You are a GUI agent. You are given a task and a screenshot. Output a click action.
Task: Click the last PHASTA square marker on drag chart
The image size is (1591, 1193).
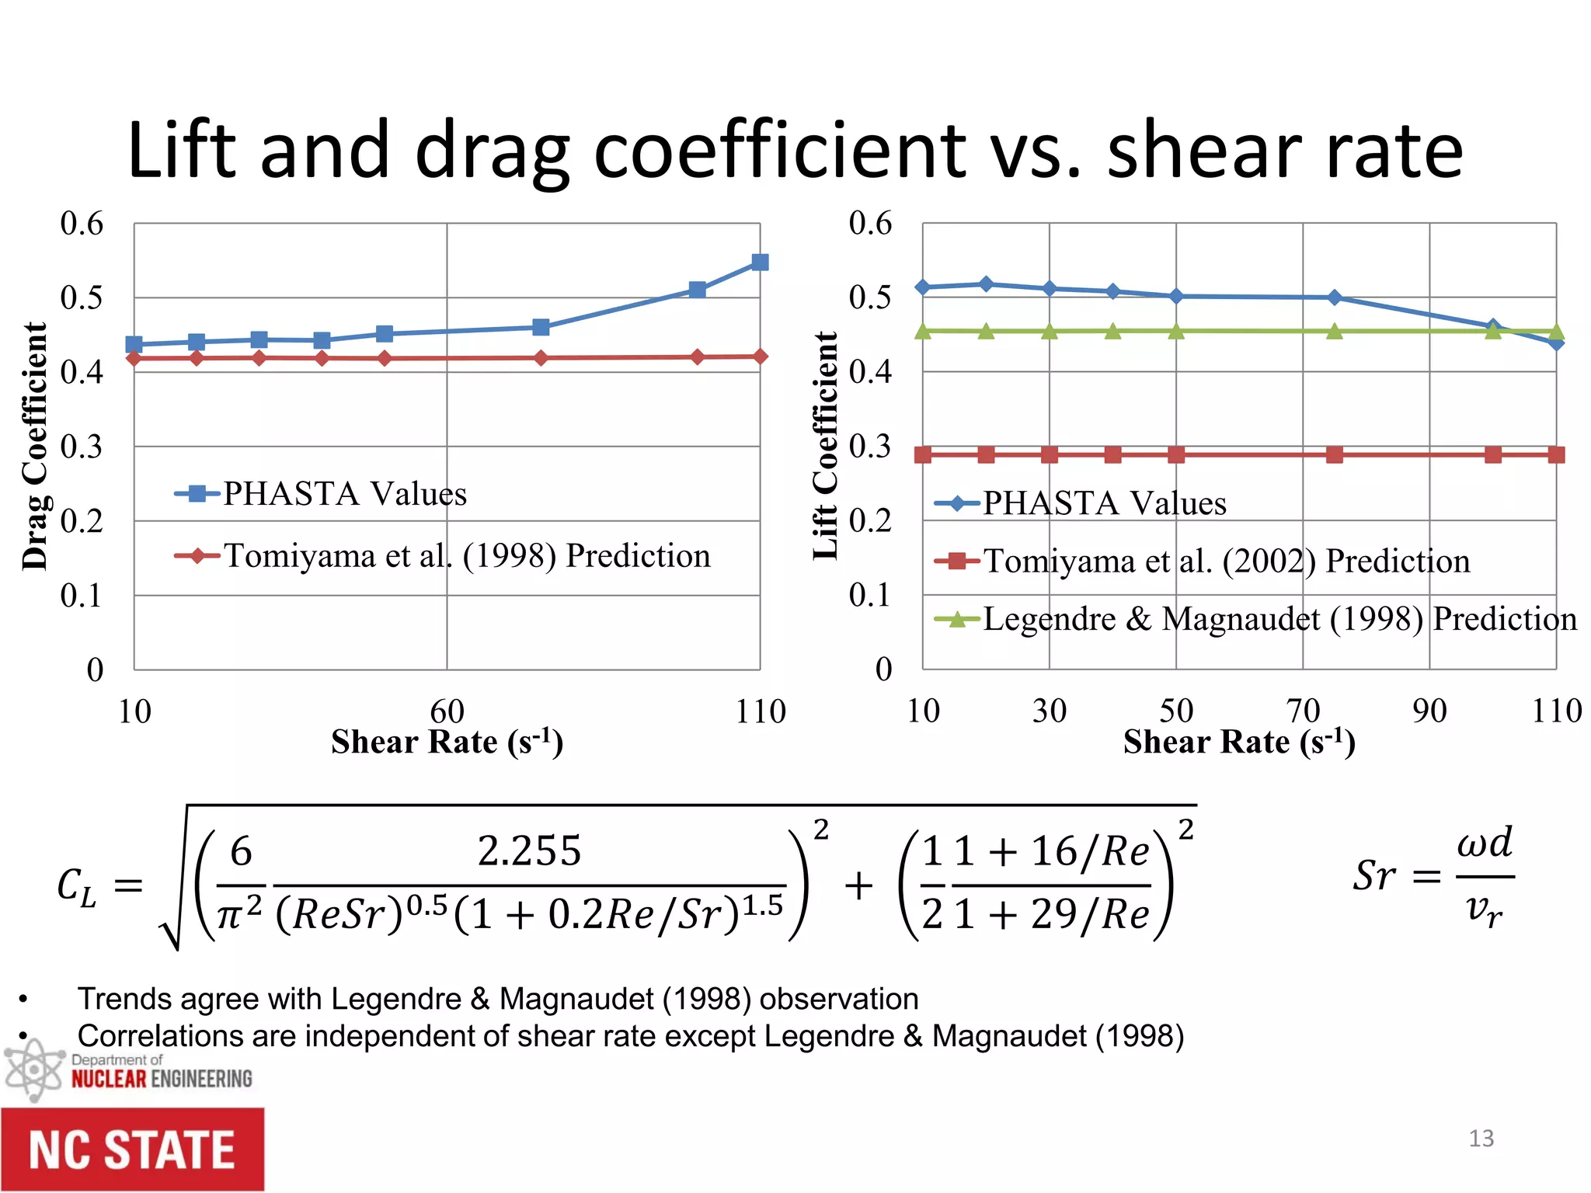[x=760, y=263]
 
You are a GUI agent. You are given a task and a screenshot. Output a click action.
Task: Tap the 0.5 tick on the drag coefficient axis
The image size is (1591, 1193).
[x=82, y=297]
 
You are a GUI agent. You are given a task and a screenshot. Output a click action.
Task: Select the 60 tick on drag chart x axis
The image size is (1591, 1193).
[x=447, y=711]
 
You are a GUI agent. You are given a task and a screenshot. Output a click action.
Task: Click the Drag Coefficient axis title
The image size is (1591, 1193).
[x=35, y=447]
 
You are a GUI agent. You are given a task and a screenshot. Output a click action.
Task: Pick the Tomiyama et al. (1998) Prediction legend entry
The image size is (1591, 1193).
[x=466, y=556]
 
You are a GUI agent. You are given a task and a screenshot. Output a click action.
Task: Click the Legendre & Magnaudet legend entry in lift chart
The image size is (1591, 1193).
[x=1279, y=619]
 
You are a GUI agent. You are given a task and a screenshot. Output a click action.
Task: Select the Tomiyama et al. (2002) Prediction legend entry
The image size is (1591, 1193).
[x=1226, y=561]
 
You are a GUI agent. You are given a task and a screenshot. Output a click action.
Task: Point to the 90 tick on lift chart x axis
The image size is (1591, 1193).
[x=1429, y=711]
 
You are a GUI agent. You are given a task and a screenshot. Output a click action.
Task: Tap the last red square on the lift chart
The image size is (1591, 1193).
[x=1555, y=454]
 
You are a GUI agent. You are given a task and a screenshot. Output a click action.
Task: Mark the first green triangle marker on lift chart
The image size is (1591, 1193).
[x=923, y=332]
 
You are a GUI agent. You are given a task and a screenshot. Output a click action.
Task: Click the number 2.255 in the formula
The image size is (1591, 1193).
[x=529, y=850]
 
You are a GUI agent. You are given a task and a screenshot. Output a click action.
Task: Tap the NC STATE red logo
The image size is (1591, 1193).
[x=132, y=1150]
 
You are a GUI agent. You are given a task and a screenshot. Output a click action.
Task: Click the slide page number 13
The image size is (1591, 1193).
[x=1481, y=1139]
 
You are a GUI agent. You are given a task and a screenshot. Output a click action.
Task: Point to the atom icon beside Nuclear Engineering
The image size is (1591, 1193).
[x=33, y=1070]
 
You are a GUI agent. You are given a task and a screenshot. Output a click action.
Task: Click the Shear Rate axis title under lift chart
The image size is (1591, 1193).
[x=1239, y=743]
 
